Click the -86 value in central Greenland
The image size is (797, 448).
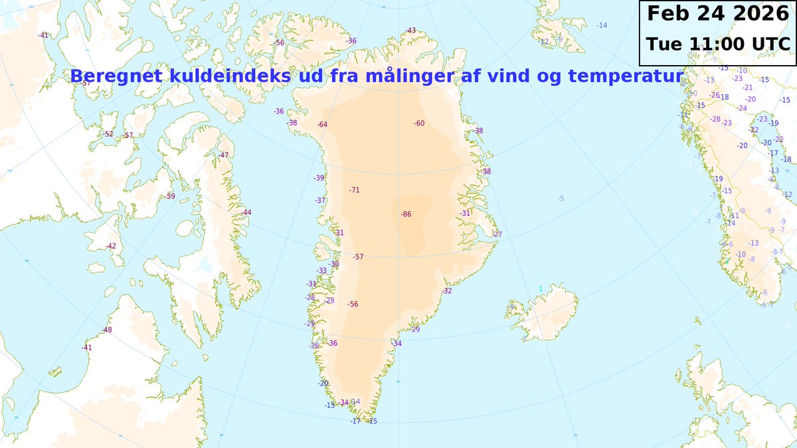[406, 214]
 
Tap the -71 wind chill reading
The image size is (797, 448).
[354, 190]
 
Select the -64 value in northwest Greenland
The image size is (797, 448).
[322, 125]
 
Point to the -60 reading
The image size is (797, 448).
[419, 123]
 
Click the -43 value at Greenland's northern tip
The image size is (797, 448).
[411, 31]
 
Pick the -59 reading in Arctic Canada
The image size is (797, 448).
[170, 196]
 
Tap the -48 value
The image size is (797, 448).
[107, 331]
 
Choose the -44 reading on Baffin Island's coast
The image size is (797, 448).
[246, 212]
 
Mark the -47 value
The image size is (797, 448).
[223, 155]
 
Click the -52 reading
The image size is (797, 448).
[108, 134]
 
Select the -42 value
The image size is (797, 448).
[110, 246]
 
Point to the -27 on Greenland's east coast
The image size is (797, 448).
[497, 235]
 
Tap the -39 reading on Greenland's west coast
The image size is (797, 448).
[319, 178]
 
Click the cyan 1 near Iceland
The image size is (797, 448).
[541, 289]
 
